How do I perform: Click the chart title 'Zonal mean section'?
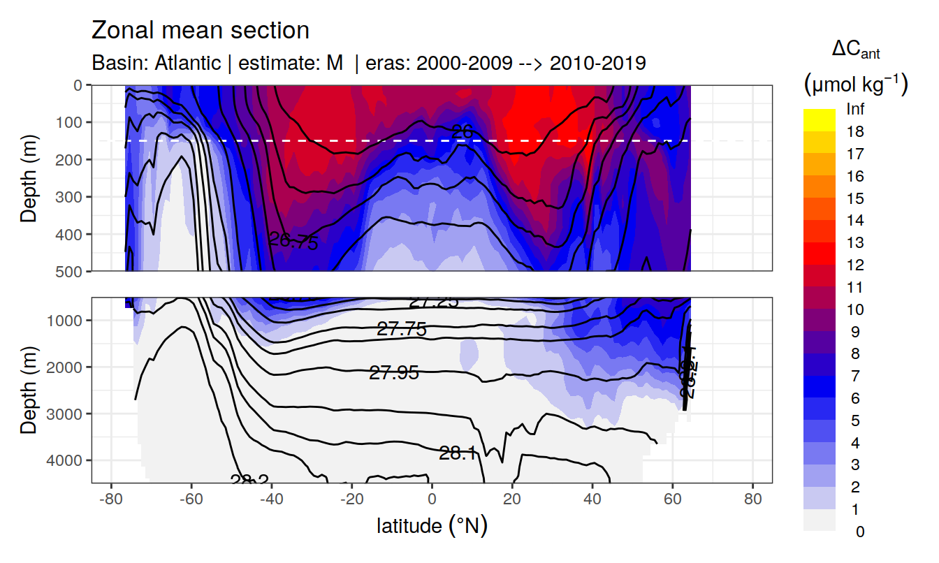201,31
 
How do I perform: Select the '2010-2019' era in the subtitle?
597,63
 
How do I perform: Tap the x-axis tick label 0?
432,500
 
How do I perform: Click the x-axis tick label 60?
672,500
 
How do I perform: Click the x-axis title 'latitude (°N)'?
432,525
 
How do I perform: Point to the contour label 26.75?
293,242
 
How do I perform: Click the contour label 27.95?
394,374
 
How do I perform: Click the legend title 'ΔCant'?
855,50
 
